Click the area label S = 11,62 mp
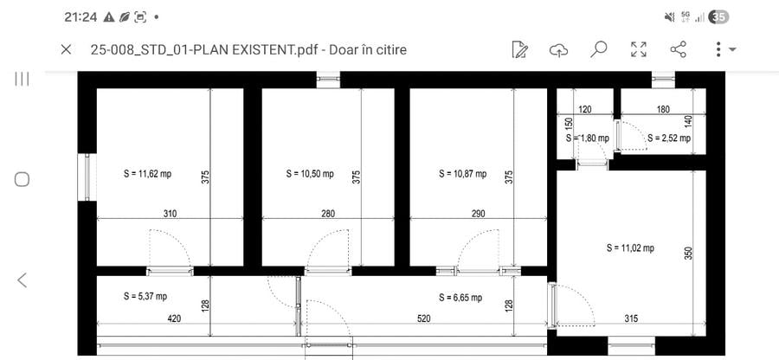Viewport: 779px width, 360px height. point(147,174)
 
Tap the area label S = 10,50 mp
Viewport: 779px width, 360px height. point(310,174)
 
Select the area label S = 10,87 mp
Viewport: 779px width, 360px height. point(463,174)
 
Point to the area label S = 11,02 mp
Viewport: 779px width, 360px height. point(630,247)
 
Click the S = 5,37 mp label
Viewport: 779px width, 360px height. point(145,297)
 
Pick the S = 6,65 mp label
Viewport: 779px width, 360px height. point(460,298)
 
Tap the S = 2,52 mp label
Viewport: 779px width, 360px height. point(669,138)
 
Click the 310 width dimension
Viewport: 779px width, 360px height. point(170,214)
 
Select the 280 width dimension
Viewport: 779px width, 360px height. point(328,214)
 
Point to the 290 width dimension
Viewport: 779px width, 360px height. point(478,214)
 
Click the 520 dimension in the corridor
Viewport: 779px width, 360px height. point(423,318)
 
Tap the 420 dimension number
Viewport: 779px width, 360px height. point(174,318)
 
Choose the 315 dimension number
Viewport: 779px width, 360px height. point(631,318)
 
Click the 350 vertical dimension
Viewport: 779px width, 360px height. point(688,253)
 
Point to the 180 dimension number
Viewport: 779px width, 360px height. point(663,109)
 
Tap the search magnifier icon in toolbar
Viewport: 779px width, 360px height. point(599,49)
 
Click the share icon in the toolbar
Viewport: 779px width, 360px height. point(678,49)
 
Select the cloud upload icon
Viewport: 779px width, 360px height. point(559,49)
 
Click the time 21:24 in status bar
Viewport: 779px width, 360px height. point(80,17)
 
